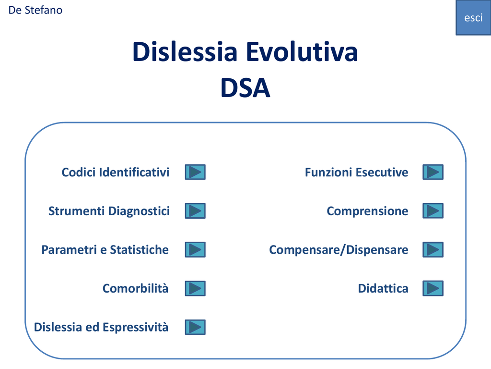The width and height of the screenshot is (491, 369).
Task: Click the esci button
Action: [473, 18]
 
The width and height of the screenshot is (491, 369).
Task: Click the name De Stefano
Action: [35, 10]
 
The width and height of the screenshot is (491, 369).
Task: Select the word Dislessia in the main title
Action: [185, 51]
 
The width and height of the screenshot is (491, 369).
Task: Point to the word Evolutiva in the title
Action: [302, 51]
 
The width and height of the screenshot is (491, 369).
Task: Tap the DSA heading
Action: [245, 88]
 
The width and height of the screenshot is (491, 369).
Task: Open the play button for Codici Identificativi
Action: [195, 172]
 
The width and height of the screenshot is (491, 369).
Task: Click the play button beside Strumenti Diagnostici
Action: [195, 211]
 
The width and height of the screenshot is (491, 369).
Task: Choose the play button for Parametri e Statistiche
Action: [195, 249]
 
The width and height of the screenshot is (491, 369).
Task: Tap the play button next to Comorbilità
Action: [195, 288]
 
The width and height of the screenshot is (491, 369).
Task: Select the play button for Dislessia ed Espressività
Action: [195, 327]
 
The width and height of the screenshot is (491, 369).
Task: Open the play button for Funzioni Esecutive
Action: [433, 172]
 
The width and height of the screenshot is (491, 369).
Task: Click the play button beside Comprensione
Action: [433, 211]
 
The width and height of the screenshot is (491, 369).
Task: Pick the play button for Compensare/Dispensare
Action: [433, 249]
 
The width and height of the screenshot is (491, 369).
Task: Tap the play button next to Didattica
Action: [433, 288]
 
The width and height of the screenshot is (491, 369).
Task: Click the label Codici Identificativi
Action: [116, 172]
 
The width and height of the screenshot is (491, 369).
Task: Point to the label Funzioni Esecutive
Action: [357, 172]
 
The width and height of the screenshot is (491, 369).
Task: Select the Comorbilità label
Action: [136, 288]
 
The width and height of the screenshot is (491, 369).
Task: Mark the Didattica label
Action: [383, 288]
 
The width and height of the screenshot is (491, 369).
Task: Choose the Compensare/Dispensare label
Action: [339, 250]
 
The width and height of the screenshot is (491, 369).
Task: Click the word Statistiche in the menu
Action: [140, 250]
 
